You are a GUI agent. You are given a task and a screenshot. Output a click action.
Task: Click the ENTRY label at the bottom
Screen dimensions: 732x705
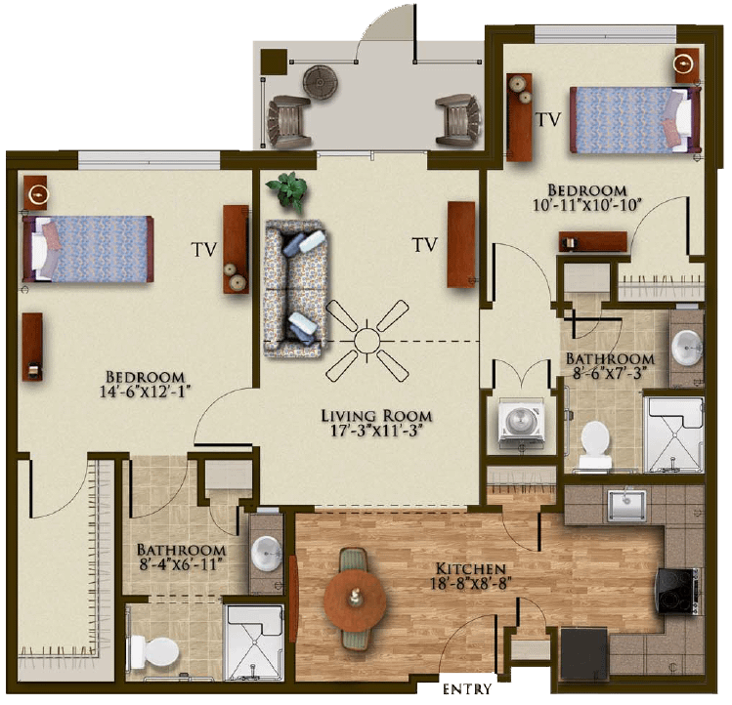(467, 689)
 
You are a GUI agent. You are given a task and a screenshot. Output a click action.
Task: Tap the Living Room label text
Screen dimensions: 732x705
(376, 415)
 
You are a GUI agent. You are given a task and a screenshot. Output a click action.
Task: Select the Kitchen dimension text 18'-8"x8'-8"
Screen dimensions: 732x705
(468, 584)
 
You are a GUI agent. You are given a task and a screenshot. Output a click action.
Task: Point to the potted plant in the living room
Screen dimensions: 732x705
(287, 190)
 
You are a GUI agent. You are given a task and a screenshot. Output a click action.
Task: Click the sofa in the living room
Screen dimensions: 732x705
(294, 289)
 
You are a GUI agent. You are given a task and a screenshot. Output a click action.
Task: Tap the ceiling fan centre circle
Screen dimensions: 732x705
(367, 341)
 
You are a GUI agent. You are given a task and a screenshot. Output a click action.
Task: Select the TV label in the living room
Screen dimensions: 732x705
(425, 244)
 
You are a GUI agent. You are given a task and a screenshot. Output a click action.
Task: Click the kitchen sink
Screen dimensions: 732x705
(627, 506)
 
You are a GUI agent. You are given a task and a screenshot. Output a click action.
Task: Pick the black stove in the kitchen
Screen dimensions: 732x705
(678, 591)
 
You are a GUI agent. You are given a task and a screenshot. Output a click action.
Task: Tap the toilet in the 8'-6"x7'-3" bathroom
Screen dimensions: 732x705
(595, 445)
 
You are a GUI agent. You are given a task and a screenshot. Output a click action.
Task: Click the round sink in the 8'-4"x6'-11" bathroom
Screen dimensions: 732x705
(267, 553)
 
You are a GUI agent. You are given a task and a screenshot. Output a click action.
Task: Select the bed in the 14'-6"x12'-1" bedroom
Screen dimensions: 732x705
(88, 249)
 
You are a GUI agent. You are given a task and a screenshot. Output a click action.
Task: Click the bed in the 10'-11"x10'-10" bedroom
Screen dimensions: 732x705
(635, 120)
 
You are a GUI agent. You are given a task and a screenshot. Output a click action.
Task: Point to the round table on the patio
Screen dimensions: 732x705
(321, 83)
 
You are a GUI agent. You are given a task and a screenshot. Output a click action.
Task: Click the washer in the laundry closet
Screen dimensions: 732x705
(522, 423)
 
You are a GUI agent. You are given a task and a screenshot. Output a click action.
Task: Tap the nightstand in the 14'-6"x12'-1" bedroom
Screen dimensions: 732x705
(35, 192)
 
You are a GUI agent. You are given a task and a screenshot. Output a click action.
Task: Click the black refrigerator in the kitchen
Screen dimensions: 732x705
(584, 660)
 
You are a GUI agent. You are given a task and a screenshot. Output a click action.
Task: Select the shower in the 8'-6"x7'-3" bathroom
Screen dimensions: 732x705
(673, 435)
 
